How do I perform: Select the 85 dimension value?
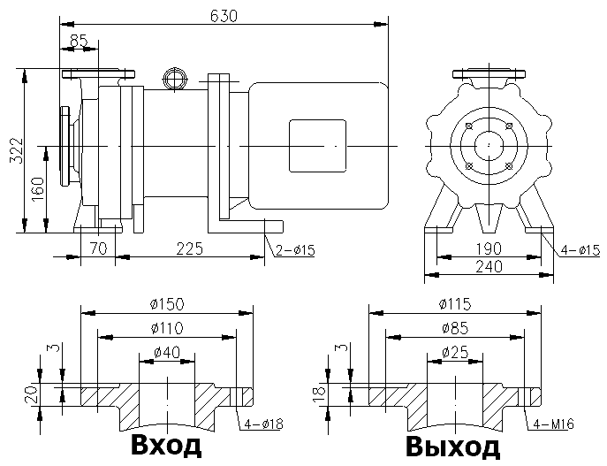pos(79,39)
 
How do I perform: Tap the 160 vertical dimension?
pos(36,187)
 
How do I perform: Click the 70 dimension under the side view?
pos(97,248)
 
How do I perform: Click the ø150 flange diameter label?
pos(166,304)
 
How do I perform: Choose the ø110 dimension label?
pos(167,329)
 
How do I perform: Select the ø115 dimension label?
pos(454,304)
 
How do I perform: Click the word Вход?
pos(165,445)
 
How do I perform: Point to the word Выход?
pos(452,447)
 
